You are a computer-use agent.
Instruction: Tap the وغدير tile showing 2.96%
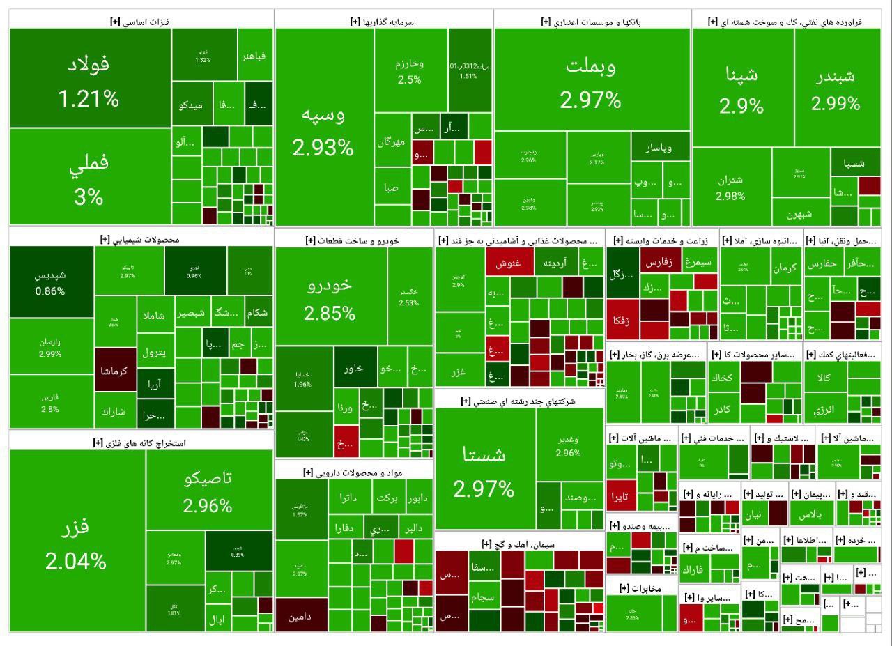(569, 446)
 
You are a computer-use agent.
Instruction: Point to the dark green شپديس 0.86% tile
(52, 282)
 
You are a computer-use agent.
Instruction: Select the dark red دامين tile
(300, 616)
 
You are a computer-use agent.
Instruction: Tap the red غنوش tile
(509, 264)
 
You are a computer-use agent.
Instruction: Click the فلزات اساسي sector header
(140, 22)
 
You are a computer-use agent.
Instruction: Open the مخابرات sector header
(640, 587)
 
